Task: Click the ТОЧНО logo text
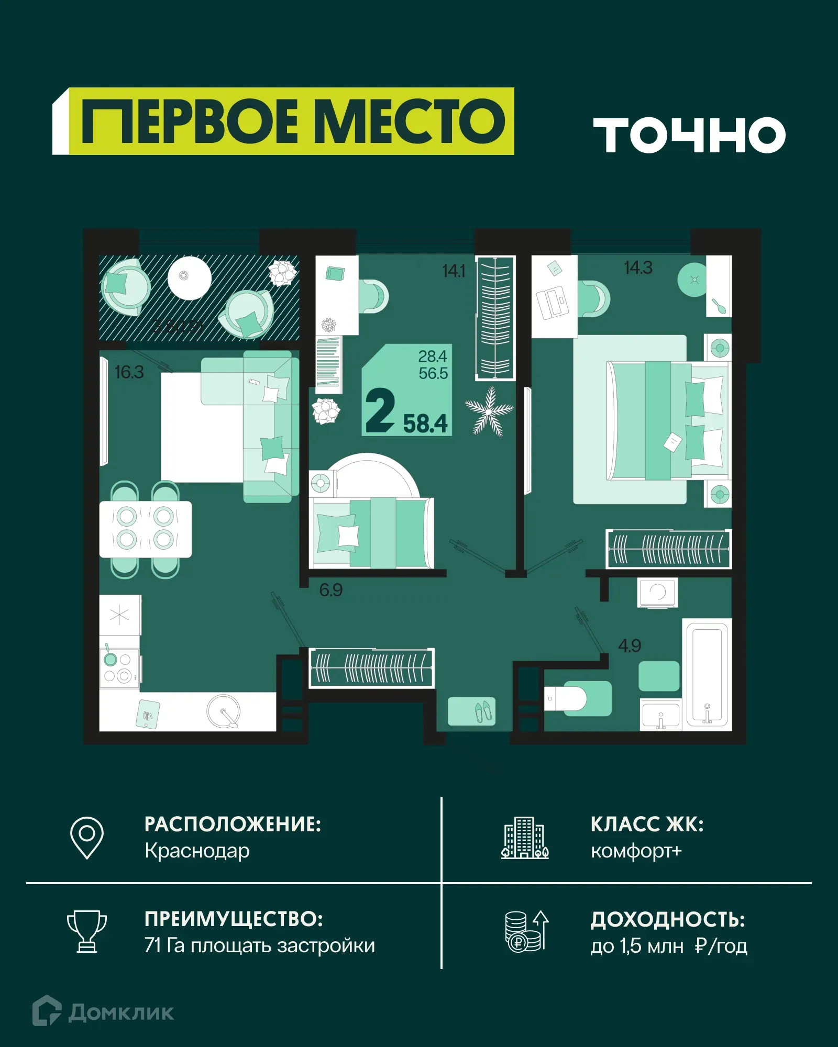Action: click(x=689, y=135)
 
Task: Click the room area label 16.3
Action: click(x=129, y=372)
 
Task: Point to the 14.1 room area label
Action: click(x=454, y=271)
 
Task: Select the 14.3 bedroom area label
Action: click(x=638, y=268)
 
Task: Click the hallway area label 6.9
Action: click(x=331, y=590)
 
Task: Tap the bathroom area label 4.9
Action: click(x=630, y=645)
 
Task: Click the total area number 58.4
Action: click(x=425, y=424)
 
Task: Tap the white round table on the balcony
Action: click(x=189, y=278)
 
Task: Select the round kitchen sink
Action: click(x=224, y=711)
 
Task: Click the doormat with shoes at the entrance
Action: click(x=472, y=711)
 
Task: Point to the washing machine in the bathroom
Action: click(x=657, y=593)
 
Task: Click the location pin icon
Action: click(x=87, y=837)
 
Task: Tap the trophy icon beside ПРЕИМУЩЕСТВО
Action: click(x=87, y=931)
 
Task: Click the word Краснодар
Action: click(x=197, y=851)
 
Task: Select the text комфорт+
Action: click(x=636, y=851)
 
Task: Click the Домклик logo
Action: click(x=103, y=1012)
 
